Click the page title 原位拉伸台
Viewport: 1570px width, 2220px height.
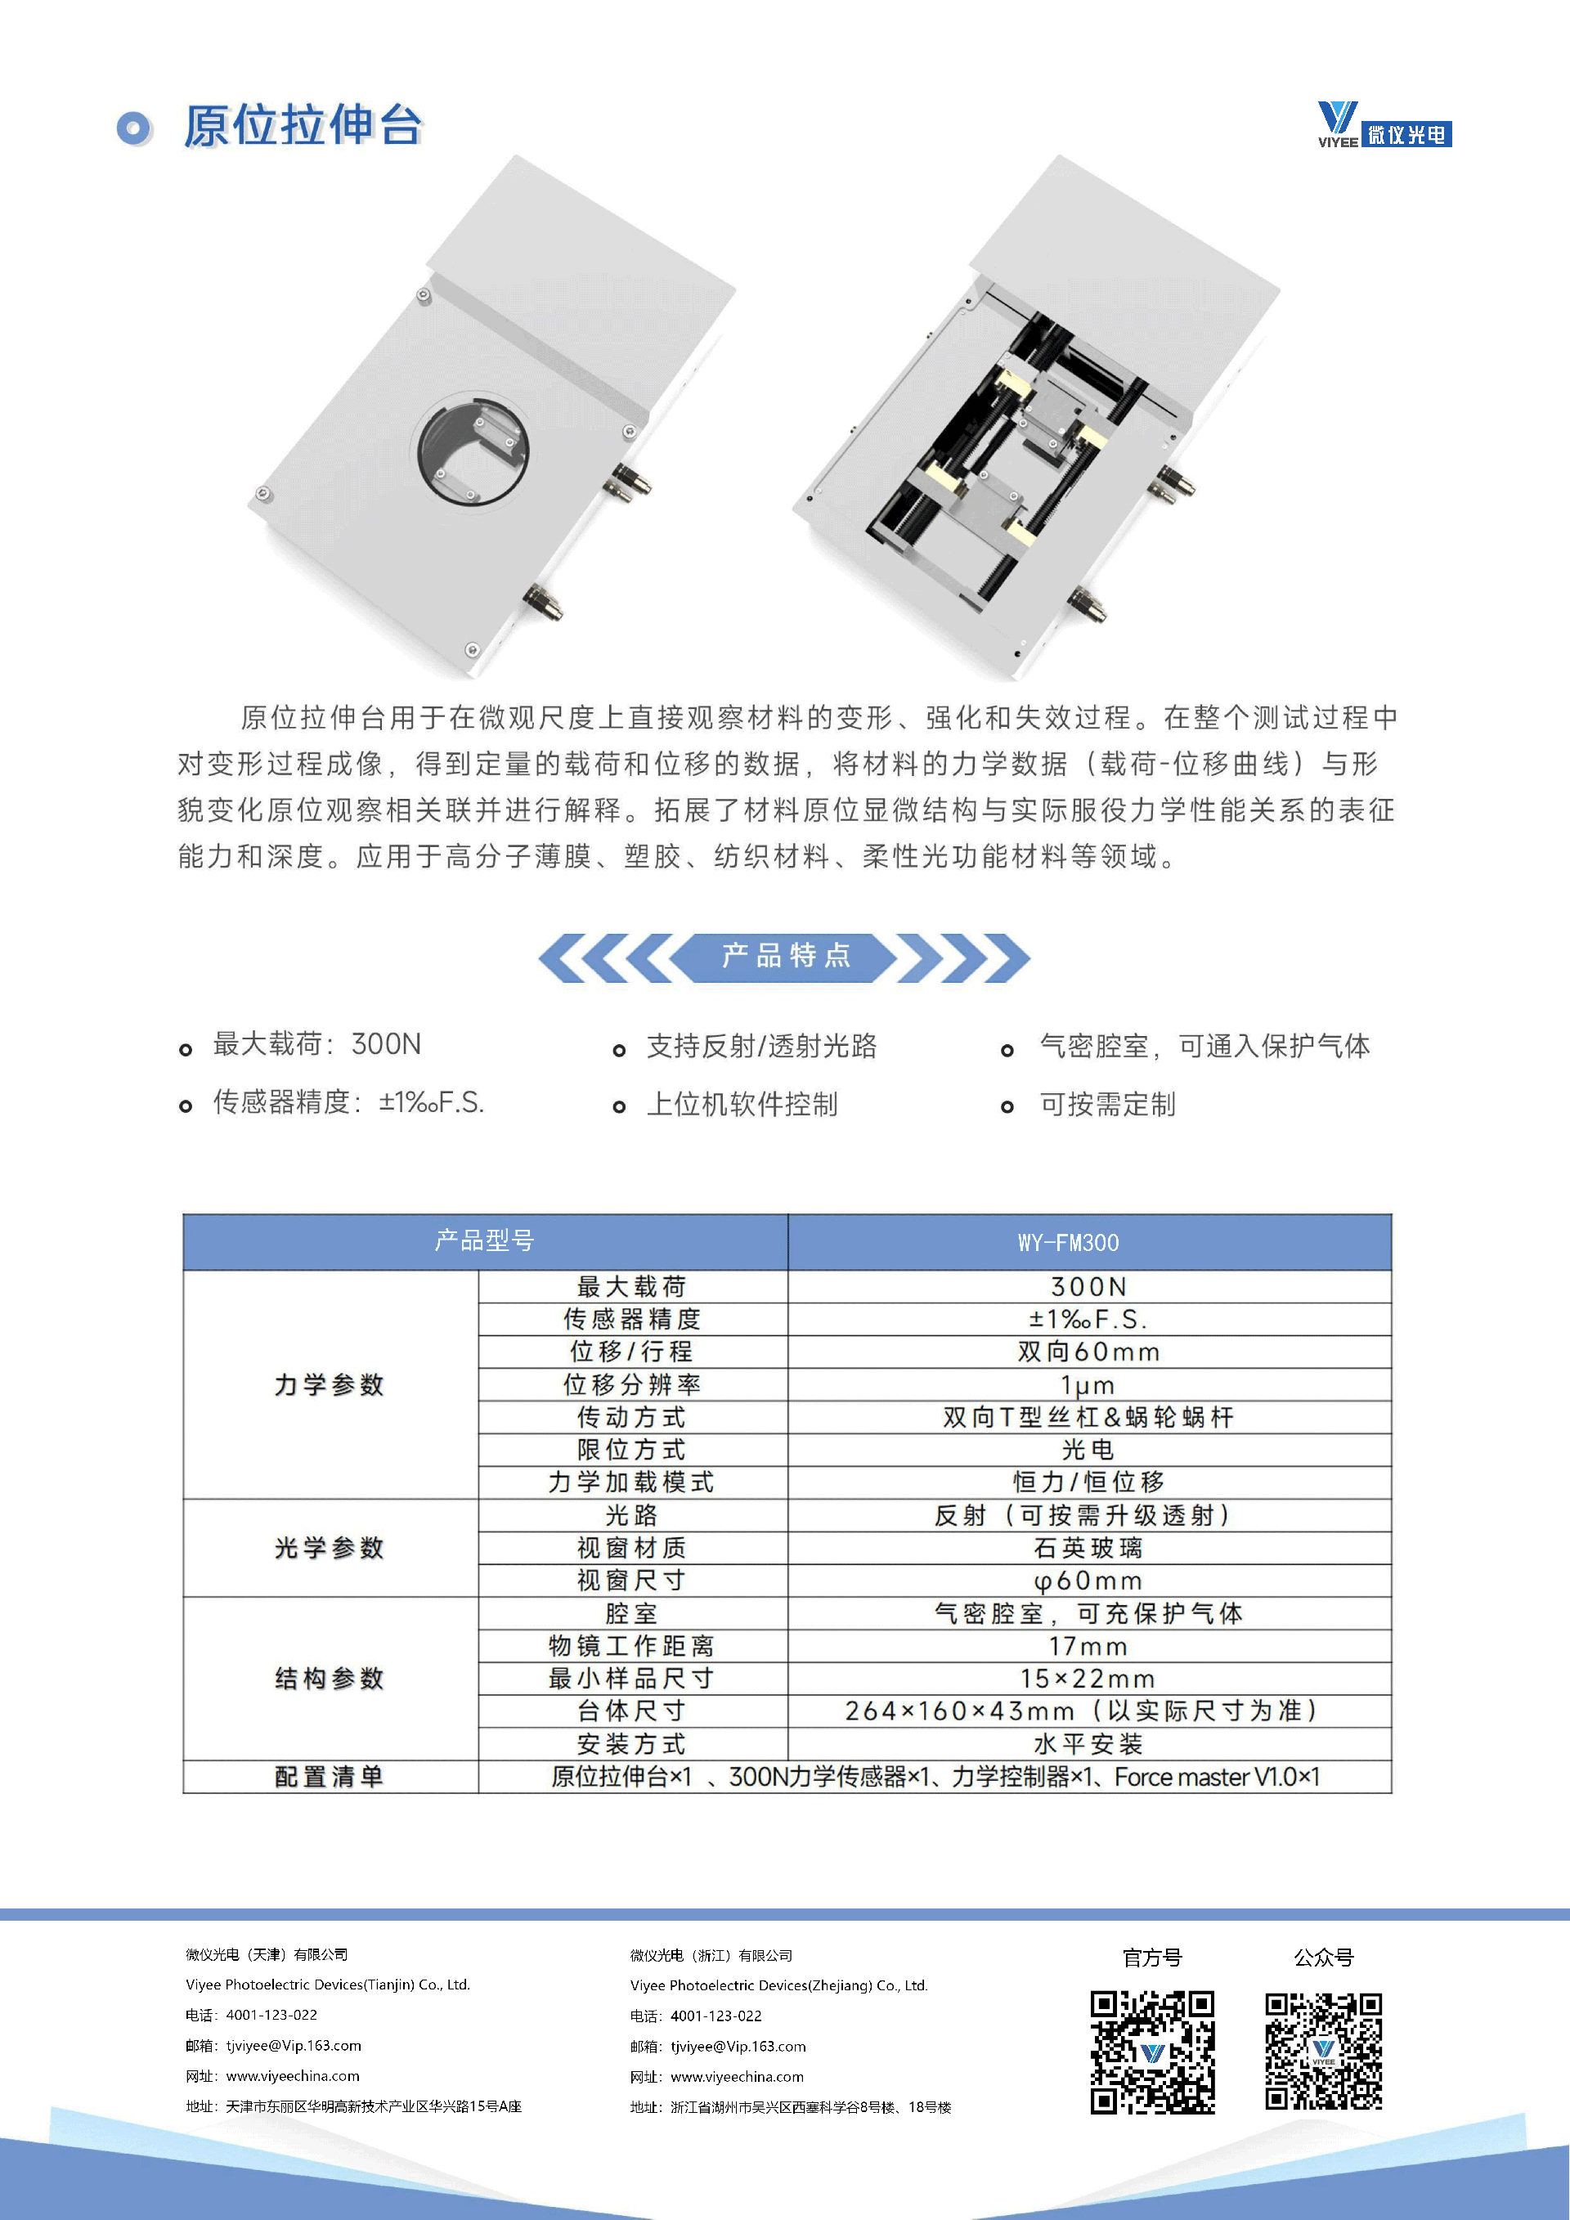pyautogui.click(x=303, y=126)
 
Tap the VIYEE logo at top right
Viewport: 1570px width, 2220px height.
pyautogui.click(x=1384, y=125)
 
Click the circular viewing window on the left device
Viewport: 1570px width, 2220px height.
pyautogui.click(x=473, y=451)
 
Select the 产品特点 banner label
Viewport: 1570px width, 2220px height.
pyautogui.click(x=785, y=956)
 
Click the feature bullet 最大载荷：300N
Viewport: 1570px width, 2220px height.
pyautogui.click(x=316, y=1044)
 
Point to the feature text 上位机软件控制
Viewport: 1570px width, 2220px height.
pyautogui.click(x=742, y=1104)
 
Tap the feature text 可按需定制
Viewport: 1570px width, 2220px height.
pyautogui.click(x=1107, y=1104)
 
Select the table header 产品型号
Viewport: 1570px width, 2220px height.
pyautogui.click(x=484, y=1240)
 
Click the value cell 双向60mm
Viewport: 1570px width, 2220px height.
pyautogui.click(x=1088, y=1352)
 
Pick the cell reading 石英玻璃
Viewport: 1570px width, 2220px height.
pyautogui.click(x=1088, y=1548)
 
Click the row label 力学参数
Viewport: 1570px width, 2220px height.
pyautogui.click(x=330, y=1384)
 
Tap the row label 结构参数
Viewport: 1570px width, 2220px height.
pyautogui.click(x=330, y=1679)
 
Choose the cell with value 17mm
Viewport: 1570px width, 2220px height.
pyautogui.click(x=1088, y=1646)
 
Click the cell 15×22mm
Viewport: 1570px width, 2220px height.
pyautogui.click(x=1088, y=1679)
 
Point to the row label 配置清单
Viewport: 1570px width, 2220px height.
pyautogui.click(x=330, y=1776)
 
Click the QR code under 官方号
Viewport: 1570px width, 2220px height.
pyautogui.click(x=1152, y=2052)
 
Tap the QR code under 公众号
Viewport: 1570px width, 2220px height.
pyautogui.click(x=1324, y=2051)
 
